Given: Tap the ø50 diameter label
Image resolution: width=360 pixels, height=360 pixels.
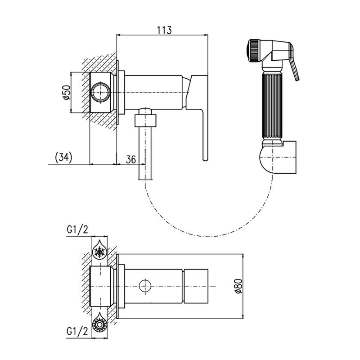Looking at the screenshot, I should click(66, 92).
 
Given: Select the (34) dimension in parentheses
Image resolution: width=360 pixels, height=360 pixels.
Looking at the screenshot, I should click(63, 157).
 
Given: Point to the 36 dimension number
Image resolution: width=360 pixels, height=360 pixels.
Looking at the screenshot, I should click(130, 159).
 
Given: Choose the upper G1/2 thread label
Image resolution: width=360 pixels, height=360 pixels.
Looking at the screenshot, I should click(77, 230).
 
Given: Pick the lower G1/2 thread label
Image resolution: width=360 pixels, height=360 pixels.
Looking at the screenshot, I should click(77, 332).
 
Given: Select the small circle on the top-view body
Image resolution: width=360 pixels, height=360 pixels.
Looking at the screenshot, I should click(145, 285).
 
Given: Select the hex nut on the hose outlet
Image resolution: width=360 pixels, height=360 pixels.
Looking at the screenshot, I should click(145, 121).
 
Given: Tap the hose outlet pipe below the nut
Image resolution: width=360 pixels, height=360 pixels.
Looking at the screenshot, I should click(145, 153).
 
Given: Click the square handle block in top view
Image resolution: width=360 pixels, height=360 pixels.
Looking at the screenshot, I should click(196, 285).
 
